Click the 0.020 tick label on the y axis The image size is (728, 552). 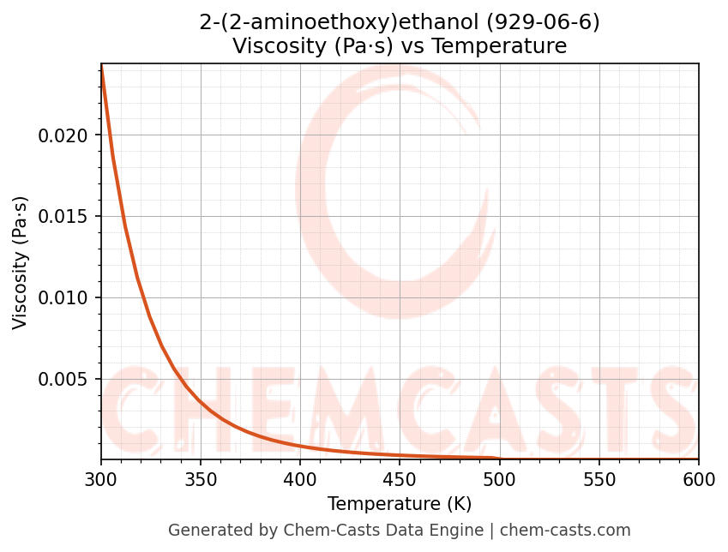point(63,135)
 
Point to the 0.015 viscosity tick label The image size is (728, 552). point(63,217)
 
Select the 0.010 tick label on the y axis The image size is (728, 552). point(63,298)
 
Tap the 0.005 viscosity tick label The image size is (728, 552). point(63,380)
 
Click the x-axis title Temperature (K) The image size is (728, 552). point(400,504)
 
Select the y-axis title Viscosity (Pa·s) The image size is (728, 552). point(21,262)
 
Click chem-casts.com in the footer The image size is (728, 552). point(565,531)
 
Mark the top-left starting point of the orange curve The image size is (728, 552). point(101,65)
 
